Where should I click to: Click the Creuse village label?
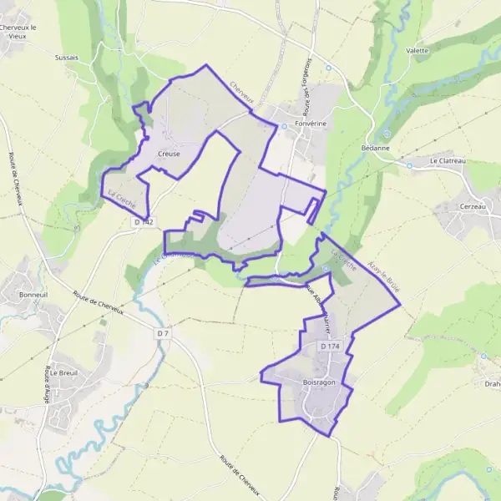coord(168,154)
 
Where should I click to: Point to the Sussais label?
coord(66,58)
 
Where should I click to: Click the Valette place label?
coord(417,50)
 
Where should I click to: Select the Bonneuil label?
coord(34,296)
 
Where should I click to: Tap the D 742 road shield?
coord(144,222)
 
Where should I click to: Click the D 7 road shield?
coord(163,334)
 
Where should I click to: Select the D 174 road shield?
coord(329,346)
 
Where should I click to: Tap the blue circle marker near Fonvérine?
coord(284,126)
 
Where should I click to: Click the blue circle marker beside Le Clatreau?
coord(410,165)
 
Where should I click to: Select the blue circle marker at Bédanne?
coord(387,134)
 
